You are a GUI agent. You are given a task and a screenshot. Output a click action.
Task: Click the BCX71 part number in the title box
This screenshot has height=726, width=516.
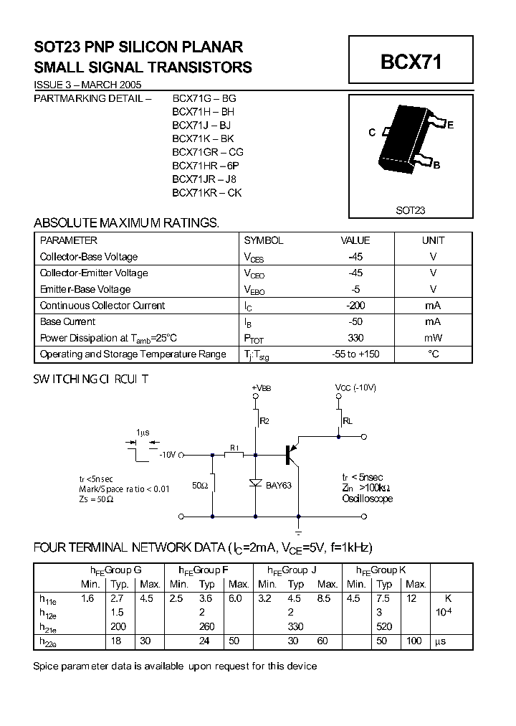point(411,62)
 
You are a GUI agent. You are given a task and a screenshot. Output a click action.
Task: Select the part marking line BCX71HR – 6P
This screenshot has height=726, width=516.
point(207,165)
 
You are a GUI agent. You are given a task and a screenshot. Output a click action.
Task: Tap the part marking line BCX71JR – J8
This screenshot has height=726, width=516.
point(204,179)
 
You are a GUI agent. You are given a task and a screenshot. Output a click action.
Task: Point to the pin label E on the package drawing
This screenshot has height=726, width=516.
point(450,125)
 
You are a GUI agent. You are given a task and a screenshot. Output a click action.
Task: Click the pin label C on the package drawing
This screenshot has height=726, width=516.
point(372,133)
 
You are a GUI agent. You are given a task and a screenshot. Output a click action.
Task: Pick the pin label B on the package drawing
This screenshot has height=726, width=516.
point(436,165)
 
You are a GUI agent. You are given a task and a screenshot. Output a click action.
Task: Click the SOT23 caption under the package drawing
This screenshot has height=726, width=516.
point(411,210)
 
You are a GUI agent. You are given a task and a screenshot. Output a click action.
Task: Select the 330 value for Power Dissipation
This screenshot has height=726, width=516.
point(355,338)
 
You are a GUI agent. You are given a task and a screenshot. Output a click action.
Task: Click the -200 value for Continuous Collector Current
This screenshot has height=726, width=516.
point(355,306)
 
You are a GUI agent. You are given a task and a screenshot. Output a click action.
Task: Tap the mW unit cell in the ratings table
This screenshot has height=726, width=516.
point(433,338)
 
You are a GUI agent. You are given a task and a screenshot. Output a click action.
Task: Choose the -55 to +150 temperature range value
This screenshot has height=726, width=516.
point(355,354)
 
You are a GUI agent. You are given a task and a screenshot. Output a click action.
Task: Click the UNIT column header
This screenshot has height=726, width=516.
point(433,240)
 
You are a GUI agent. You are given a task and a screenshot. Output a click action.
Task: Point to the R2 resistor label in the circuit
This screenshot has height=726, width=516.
point(264,421)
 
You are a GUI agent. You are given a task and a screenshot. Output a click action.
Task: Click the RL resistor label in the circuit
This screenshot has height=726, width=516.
point(348,421)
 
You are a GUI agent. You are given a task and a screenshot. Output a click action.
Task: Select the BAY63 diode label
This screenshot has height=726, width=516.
point(279,486)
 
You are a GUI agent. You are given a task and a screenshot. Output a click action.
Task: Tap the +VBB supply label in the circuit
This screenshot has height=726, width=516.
point(262,388)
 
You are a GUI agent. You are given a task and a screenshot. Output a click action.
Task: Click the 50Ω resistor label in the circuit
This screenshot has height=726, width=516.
point(200,486)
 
